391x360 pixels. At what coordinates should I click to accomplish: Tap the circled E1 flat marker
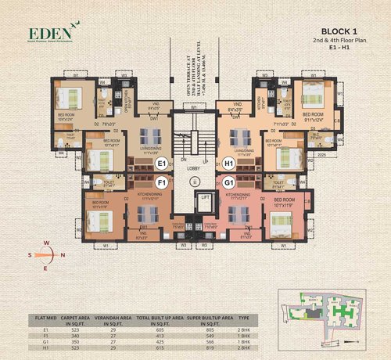163,164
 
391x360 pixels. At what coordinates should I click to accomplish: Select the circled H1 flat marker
228,164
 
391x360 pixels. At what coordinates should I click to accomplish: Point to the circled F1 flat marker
163,183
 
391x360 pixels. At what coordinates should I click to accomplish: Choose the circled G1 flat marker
228,183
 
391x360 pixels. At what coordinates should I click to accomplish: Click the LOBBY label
195,169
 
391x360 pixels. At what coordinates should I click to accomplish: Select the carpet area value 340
76,334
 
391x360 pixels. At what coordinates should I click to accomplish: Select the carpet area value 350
76,340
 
